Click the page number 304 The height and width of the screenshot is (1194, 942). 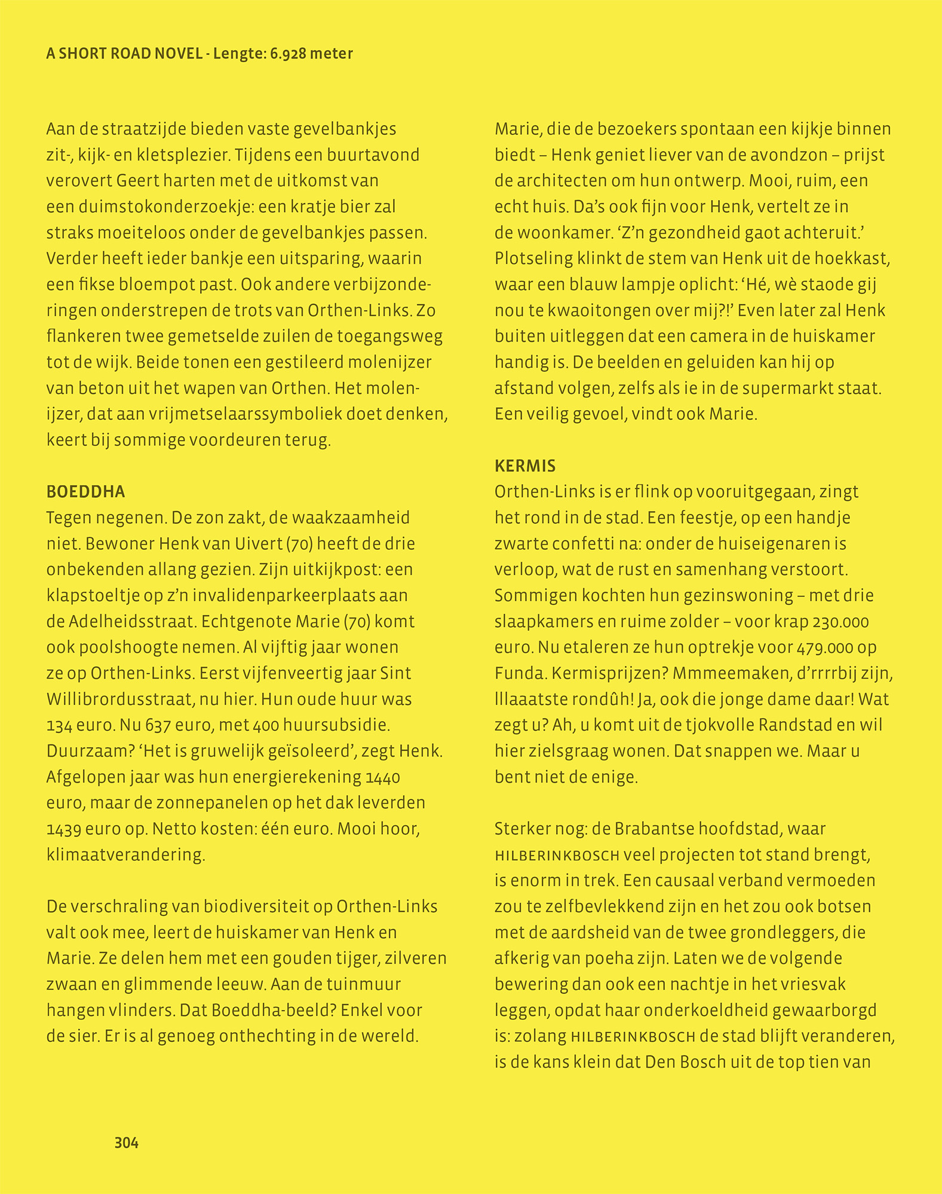(126, 1143)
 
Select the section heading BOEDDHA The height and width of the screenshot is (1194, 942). (86, 492)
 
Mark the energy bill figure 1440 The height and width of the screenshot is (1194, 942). (383, 777)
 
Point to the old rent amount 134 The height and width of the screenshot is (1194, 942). (59, 726)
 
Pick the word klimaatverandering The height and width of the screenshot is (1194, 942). (125, 855)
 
